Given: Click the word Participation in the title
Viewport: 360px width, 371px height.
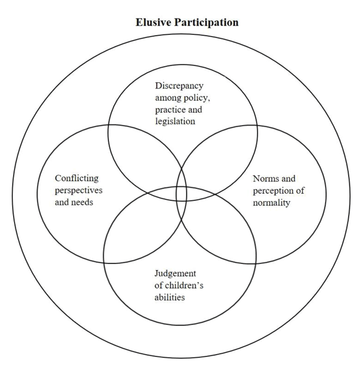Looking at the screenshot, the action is click(x=206, y=23).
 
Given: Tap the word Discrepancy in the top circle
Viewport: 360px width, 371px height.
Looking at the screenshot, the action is click(x=179, y=86).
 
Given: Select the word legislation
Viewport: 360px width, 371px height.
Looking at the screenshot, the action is click(x=175, y=122).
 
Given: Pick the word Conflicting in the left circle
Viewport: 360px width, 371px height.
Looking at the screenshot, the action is click(x=77, y=178).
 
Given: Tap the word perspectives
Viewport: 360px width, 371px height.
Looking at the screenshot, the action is click(x=79, y=191).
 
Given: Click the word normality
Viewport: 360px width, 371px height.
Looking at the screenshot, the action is click(x=272, y=203).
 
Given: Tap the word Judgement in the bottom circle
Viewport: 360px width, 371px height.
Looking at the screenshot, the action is click(x=175, y=274).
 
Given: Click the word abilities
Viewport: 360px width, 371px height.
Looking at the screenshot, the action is click(x=169, y=297).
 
